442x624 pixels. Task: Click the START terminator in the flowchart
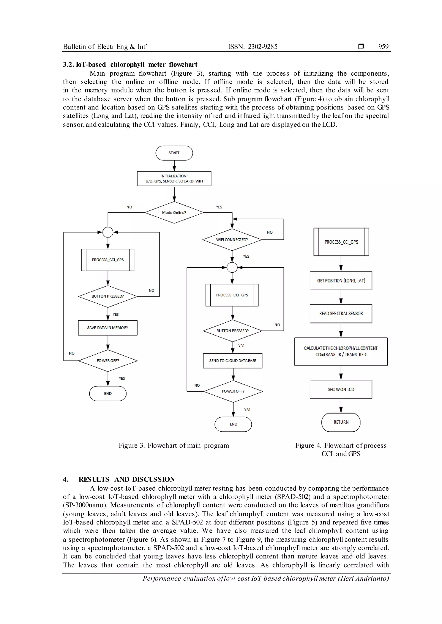[174, 153]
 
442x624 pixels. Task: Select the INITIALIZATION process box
[174, 179]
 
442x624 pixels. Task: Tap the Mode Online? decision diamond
[174, 212]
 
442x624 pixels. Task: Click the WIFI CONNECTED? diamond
[232, 240]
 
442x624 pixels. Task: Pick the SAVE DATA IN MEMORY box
[108, 328]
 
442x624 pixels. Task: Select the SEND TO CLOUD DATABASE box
[233, 361]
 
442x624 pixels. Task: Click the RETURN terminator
[341, 422]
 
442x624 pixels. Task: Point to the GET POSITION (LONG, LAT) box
[341, 281]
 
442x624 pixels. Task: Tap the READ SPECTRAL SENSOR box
[341, 314]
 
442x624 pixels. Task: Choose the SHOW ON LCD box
[341, 389]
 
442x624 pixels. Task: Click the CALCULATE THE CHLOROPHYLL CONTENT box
[341, 351]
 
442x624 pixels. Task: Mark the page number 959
[383, 47]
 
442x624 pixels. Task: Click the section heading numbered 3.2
[130, 65]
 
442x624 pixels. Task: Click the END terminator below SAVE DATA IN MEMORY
[108, 393]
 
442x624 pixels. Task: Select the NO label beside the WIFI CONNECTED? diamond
[270, 232]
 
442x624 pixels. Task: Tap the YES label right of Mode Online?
[219, 207]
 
